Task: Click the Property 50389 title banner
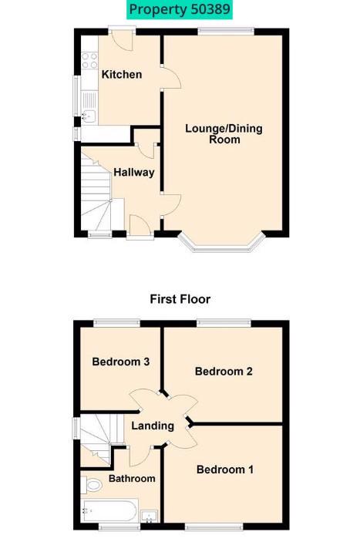(x=180, y=9)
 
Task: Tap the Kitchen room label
(x=122, y=74)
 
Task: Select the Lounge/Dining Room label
(x=224, y=134)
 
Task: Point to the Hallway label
(x=134, y=172)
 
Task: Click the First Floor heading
(x=180, y=299)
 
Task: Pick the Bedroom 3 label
(x=121, y=362)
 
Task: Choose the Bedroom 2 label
(x=224, y=371)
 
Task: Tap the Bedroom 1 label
(x=225, y=470)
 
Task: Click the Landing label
(x=153, y=426)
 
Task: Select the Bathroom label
(x=132, y=479)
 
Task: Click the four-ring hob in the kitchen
(x=89, y=60)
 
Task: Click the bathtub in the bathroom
(x=109, y=510)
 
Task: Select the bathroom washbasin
(x=150, y=516)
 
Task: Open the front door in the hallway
(x=140, y=225)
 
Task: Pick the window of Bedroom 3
(x=117, y=321)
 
